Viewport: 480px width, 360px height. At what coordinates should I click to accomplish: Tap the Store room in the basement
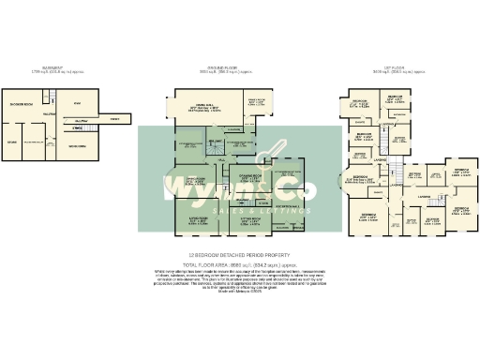coord(12,142)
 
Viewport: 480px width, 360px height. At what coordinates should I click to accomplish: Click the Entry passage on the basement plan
coord(113,119)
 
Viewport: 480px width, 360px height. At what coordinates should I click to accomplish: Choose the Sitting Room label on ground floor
coord(252,221)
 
